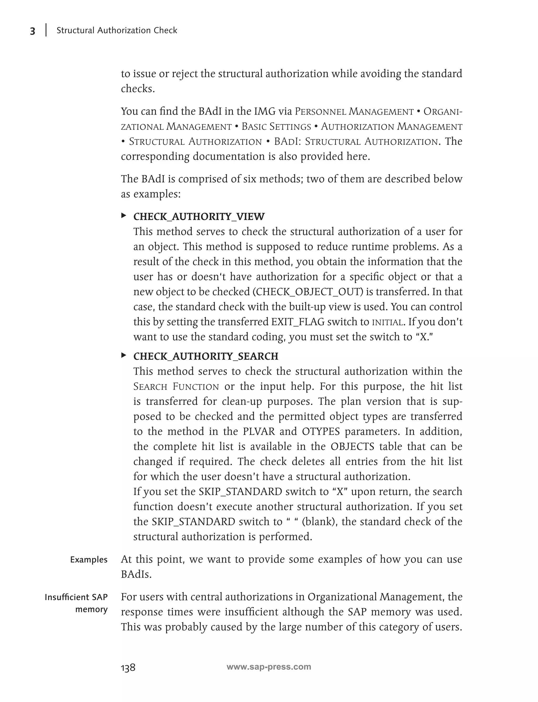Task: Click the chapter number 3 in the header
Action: pos(32,31)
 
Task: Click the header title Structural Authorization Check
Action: pos(117,30)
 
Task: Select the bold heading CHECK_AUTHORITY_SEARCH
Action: pos(206,356)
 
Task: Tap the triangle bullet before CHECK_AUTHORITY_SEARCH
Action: pos(124,355)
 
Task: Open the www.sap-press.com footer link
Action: pos(269,667)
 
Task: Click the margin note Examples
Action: pos(89,560)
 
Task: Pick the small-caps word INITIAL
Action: pos(387,322)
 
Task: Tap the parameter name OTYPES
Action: pos(320,432)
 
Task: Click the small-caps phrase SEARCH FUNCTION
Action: pos(176,387)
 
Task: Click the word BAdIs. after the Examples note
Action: pos(136,575)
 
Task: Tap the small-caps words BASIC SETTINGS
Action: pos(276,127)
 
